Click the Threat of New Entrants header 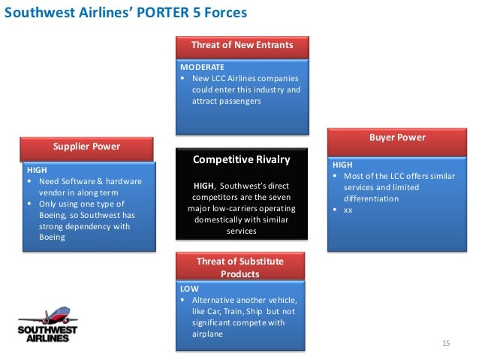click(x=241, y=45)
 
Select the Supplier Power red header click(x=86, y=145)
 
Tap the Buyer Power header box click(x=397, y=138)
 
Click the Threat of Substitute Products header click(x=240, y=267)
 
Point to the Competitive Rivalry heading click(x=241, y=159)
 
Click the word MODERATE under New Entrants click(x=197, y=67)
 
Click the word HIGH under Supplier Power click(x=37, y=170)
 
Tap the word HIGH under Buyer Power click(x=342, y=164)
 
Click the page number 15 click(x=446, y=343)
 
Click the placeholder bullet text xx click(x=348, y=210)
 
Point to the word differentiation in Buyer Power click(x=371, y=198)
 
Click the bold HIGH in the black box click(x=204, y=185)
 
